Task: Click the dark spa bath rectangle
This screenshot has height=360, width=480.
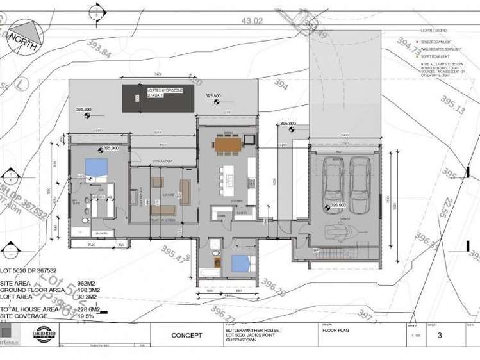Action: click(x=157, y=98)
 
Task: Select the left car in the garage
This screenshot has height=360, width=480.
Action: click(x=334, y=181)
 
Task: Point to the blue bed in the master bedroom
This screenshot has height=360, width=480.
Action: click(x=96, y=168)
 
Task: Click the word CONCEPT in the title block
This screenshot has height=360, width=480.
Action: click(x=186, y=336)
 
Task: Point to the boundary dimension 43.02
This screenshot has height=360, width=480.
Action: click(x=252, y=21)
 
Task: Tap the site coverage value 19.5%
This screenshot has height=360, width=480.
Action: click(x=85, y=316)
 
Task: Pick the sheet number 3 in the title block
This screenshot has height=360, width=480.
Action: click(x=440, y=335)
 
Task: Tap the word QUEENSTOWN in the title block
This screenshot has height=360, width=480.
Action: click(x=242, y=341)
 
